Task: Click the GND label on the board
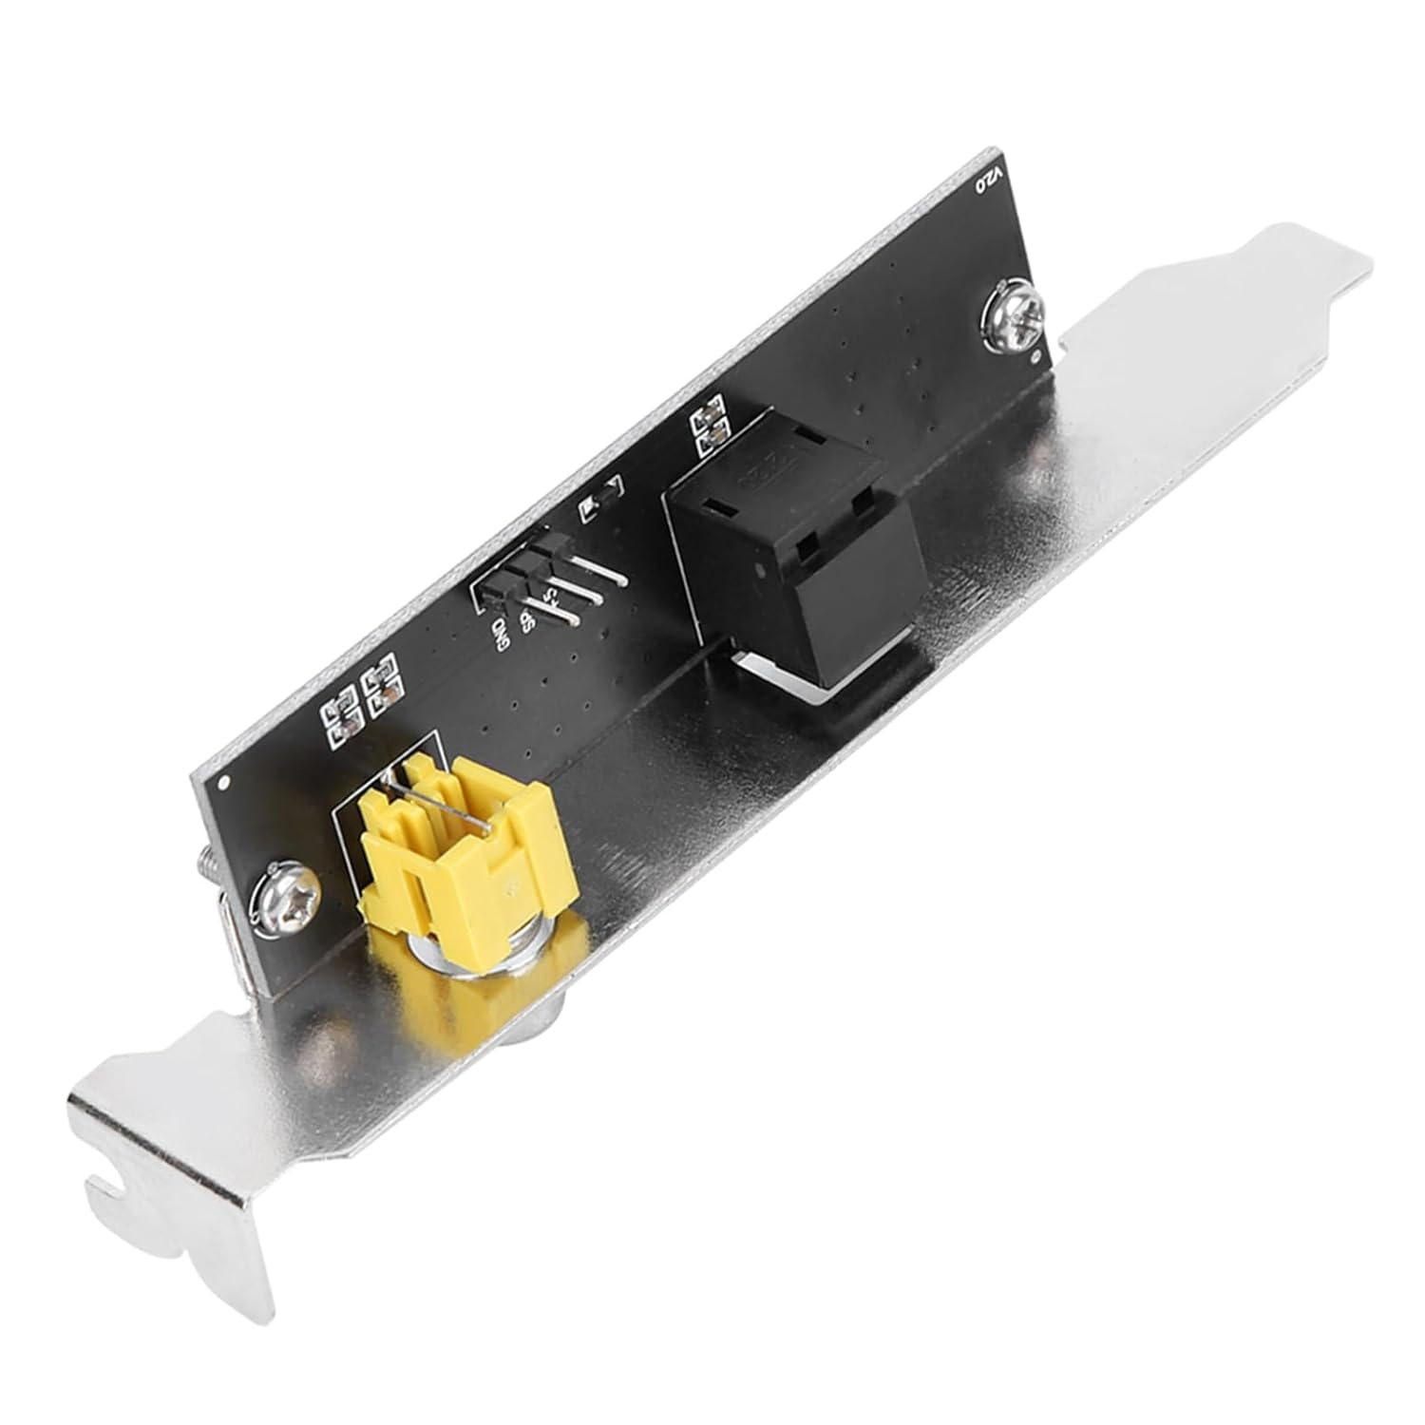tap(501, 629)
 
